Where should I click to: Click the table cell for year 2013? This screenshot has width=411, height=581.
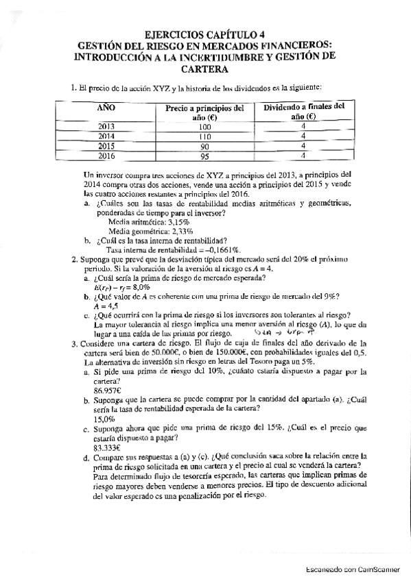106,127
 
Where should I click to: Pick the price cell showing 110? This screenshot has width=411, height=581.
204,136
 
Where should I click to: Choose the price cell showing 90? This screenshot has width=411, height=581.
204,146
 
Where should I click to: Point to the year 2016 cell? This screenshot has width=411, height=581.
106,156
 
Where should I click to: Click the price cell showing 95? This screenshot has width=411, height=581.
204,156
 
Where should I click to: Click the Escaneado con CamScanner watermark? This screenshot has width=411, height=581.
351,569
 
